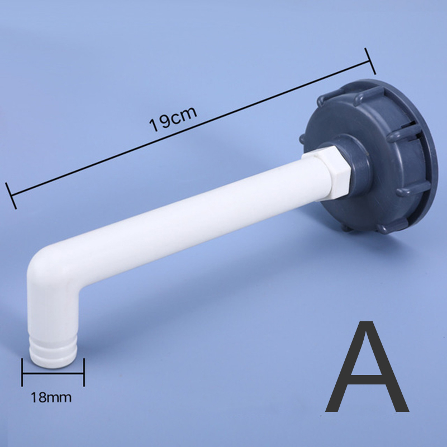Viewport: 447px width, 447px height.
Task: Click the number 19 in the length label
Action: (158, 123)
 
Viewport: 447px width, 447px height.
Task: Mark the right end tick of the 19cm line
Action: (370, 59)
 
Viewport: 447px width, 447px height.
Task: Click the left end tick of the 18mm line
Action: (22, 372)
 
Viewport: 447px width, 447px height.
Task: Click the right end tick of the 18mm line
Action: (84, 372)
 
